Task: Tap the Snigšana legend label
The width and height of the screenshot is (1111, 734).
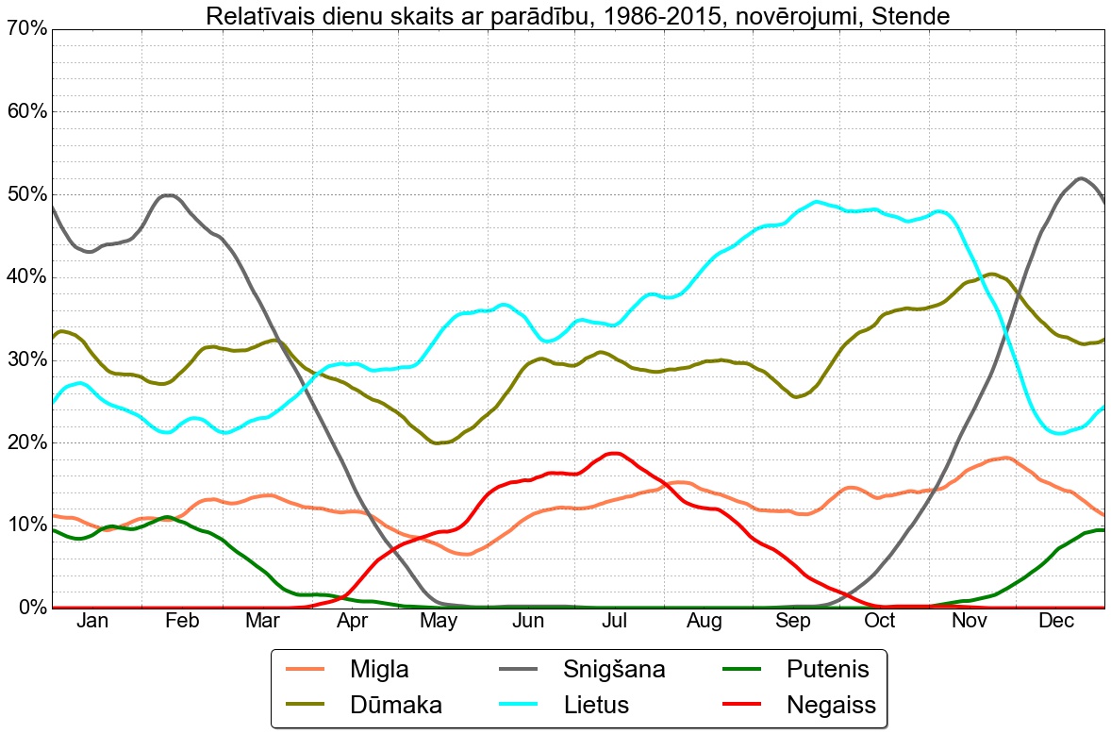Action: pyautogui.click(x=614, y=670)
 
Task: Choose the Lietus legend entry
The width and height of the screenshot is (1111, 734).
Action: pyautogui.click(x=596, y=705)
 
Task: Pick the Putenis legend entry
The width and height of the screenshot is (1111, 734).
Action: pyautogui.click(x=827, y=670)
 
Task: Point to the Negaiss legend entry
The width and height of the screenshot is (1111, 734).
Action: pyautogui.click(x=831, y=705)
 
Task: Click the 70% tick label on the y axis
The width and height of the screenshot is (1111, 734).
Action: pyautogui.click(x=25, y=29)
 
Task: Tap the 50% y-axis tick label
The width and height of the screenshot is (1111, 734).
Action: pyautogui.click(x=25, y=194)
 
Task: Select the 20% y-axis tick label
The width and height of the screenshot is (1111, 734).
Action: pyautogui.click(x=25, y=442)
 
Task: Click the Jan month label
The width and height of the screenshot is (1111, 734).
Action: pyautogui.click(x=91, y=621)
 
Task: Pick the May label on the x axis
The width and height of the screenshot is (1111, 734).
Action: pyautogui.click(x=439, y=621)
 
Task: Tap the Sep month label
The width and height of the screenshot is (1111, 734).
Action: pyautogui.click(x=793, y=621)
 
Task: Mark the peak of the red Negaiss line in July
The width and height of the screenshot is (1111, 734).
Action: pyautogui.click(x=614, y=454)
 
